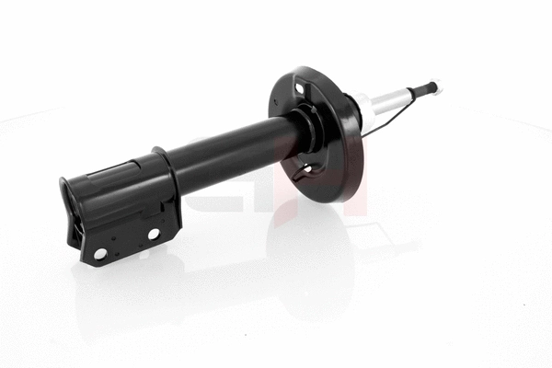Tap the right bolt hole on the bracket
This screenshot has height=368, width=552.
click(x=154, y=234)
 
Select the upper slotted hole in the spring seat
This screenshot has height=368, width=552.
click(x=300, y=89)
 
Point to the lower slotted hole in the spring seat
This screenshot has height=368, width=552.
click(x=306, y=169)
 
